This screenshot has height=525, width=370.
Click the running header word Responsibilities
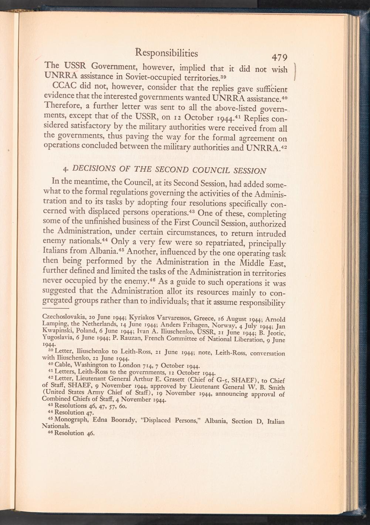click(166, 53)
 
